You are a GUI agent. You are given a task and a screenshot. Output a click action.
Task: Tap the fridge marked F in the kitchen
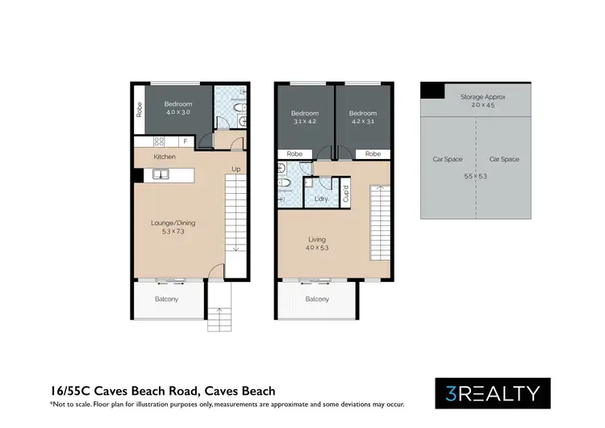[x=185, y=142]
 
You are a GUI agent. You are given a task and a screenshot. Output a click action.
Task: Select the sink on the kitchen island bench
[x=161, y=174]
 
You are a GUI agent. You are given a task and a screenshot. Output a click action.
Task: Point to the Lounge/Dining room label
[x=173, y=223]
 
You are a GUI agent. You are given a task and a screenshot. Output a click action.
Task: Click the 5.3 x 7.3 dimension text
[x=173, y=233]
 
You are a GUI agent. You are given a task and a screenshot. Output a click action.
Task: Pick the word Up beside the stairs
[x=236, y=170]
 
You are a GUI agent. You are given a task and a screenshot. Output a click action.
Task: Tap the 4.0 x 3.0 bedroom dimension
[x=178, y=113]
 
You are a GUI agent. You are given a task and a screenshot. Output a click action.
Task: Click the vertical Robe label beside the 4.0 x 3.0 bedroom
[x=140, y=109]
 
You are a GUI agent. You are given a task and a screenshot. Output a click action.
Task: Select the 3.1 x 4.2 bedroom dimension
[x=306, y=123]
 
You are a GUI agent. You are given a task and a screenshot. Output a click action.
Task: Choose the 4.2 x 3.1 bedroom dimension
[x=363, y=123]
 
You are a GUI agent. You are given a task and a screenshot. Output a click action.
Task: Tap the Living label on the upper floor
[x=317, y=238]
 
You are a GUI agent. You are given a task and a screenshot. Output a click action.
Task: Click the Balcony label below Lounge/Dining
[x=167, y=300]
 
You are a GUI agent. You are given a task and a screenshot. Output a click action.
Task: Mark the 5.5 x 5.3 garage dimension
[x=475, y=174]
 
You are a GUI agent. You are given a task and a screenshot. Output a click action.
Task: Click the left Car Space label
[x=448, y=159]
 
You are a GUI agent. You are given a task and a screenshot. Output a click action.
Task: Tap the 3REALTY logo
[x=493, y=393]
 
